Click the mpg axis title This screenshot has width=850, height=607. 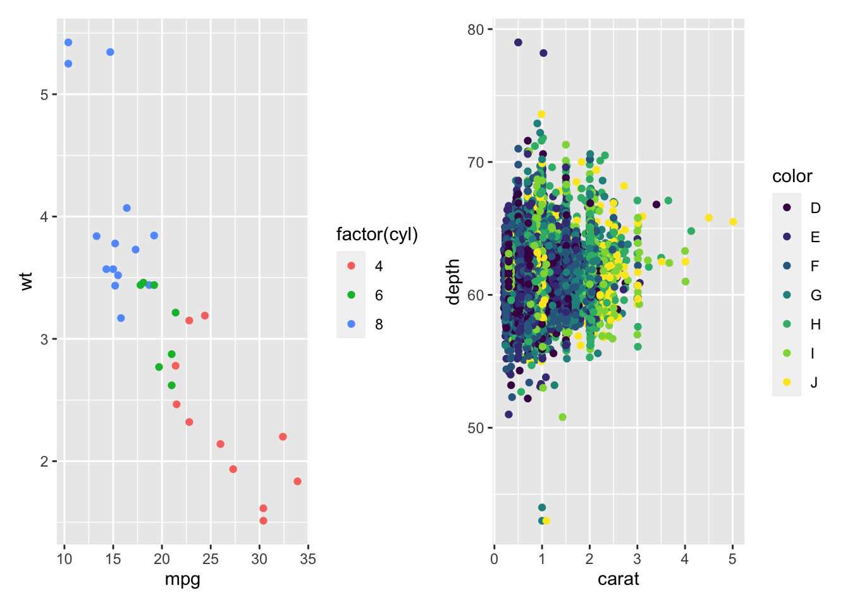[x=182, y=579]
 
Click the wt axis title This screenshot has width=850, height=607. [x=26, y=281]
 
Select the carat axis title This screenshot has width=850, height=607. [x=618, y=579]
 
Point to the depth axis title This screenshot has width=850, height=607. [x=453, y=281]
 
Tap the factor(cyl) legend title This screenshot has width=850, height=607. [x=377, y=235]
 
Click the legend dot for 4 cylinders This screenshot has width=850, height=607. [x=352, y=266]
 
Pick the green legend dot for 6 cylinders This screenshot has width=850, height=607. [x=352, y=295]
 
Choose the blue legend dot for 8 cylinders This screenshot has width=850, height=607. [x=352, y=324]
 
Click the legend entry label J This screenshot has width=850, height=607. [x=815, y=383]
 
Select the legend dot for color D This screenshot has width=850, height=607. [x=787, y=208]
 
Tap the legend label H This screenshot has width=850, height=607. [x=816, y=324]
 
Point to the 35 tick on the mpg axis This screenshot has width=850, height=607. [x=308, y=559]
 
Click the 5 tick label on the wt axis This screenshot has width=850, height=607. [x=44, y=95]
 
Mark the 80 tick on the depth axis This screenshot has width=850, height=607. [x=476, y=30]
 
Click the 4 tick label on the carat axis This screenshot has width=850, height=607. [x=685, y=559]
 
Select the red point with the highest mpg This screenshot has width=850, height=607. [x=297, y=481]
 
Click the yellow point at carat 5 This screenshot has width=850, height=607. [x=733, y=222]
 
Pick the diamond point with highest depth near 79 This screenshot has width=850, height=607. [x=518, y=42]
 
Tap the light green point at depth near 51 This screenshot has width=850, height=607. [x=562, y=417]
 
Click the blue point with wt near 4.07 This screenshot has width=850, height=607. [x=126, y=208]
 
